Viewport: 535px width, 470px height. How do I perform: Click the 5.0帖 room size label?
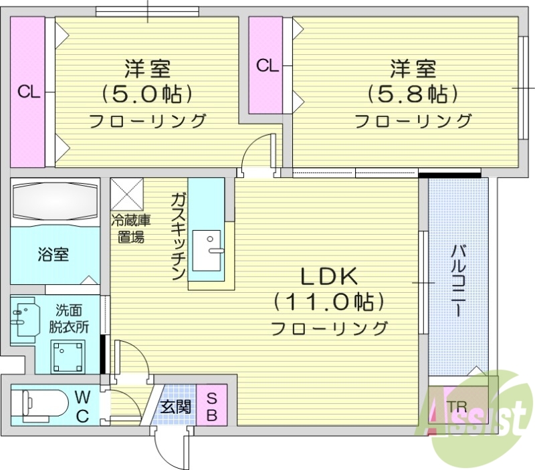click(147, 93)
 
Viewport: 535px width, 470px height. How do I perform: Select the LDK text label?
click(329, 275)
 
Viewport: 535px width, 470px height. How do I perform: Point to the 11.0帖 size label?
click(329, 302)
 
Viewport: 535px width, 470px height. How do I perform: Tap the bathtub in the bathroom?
click(55, 201)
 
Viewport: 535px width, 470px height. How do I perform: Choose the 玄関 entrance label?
click(176, 406)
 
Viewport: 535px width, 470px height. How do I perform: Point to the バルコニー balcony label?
click(458, 281)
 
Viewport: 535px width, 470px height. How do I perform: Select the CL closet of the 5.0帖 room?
click(27, 92)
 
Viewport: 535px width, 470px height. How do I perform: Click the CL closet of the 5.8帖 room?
click(266, 66)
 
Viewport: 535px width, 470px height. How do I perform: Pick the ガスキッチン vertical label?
click(178, 237)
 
